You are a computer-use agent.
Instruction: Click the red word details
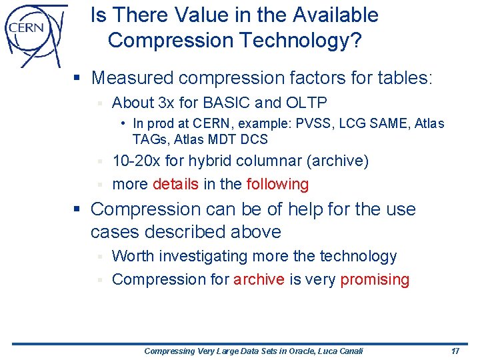coord(175,184)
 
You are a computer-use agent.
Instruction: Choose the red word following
coord(277,184)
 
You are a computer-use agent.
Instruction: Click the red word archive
coord(259,279)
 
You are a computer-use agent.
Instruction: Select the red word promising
coord(375,279)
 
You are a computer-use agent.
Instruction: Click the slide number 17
coord(455,351)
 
